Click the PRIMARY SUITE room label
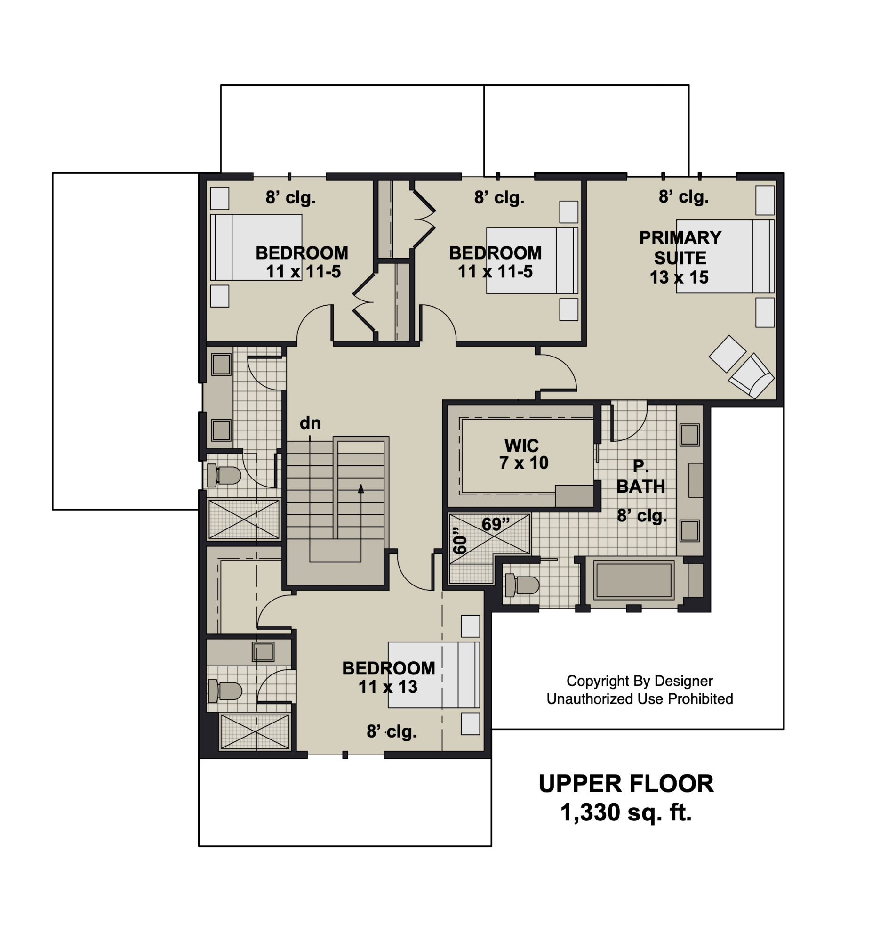[x=680, y=247]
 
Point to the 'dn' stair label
[x=310, y=422]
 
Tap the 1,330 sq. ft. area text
[x=626, y=812]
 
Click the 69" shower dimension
[x=496, y=524]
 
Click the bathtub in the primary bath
[x=634, y=580]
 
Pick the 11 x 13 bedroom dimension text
[x=388, y=687]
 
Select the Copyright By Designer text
[x=640, y=681]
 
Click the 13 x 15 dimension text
[x=679, y=277]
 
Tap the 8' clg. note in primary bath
[x=642, y=515]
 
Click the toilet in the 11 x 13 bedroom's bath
[x=225, y=691]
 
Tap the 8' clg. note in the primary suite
[x=684, y=196]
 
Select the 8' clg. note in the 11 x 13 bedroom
[x=392, y=731]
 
